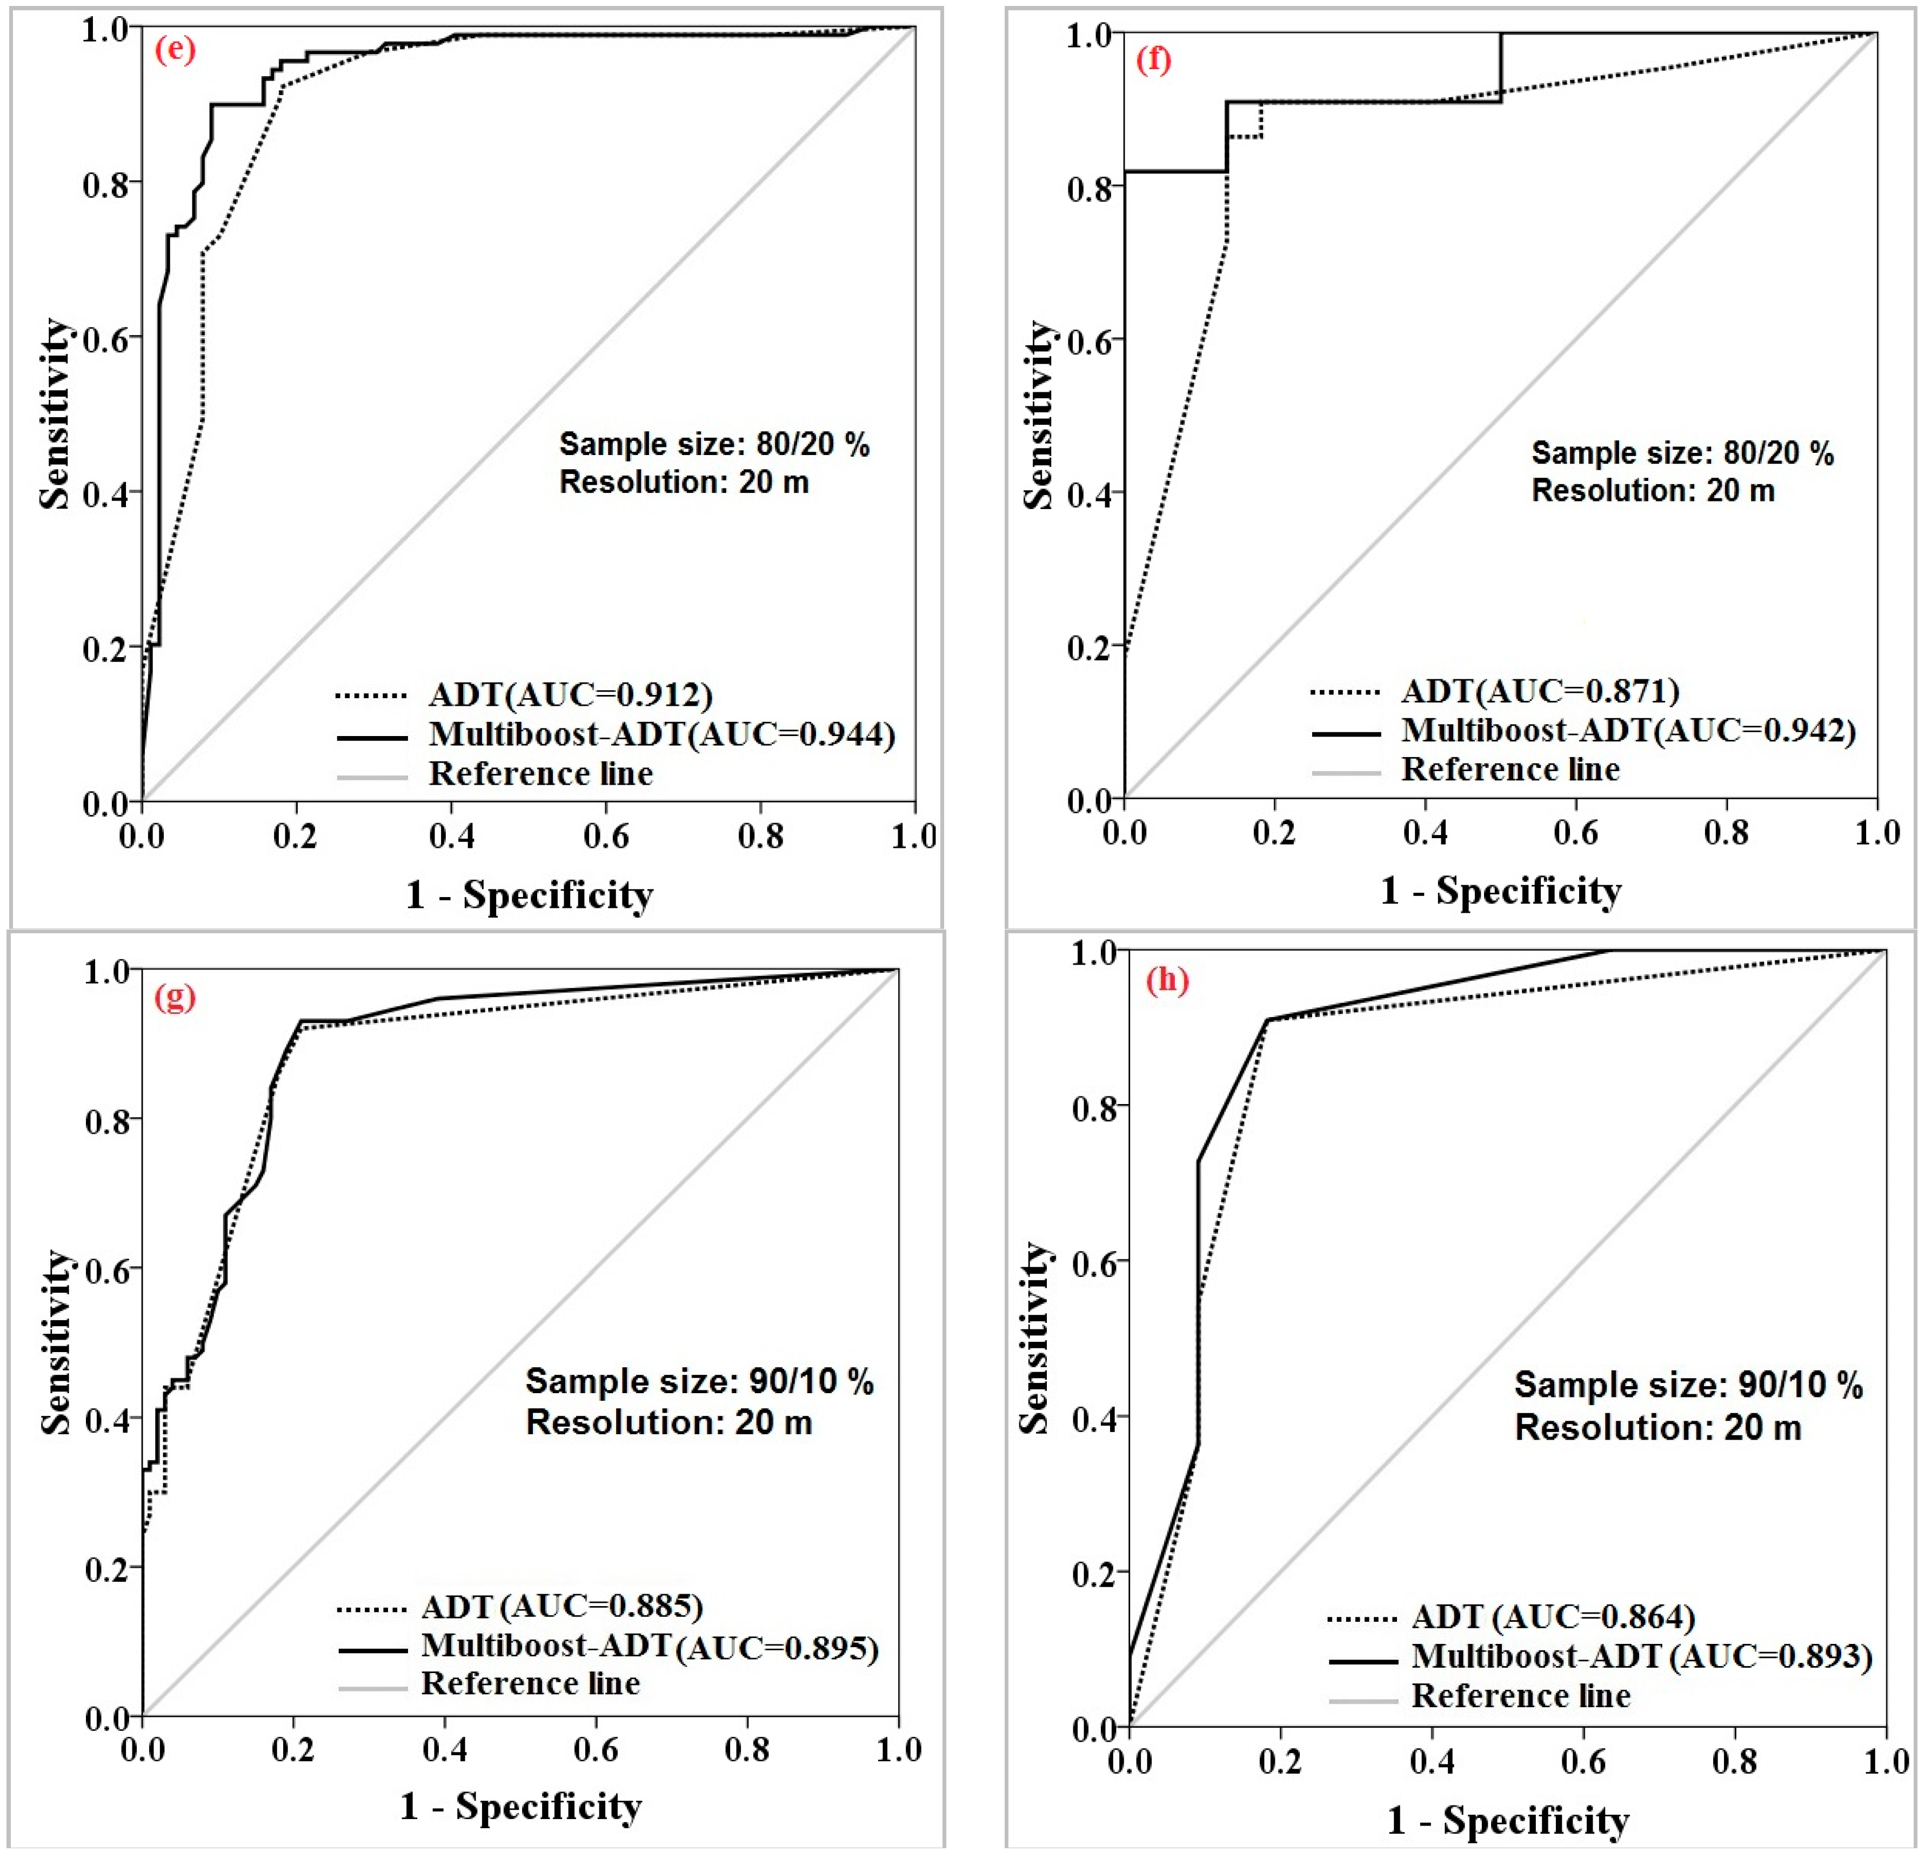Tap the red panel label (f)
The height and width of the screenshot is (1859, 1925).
point(1153,60)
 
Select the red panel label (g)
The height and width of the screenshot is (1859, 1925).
point(175,997)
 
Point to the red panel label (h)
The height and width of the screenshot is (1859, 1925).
point(1167,980)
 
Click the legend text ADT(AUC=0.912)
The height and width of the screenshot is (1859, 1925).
point(570,694)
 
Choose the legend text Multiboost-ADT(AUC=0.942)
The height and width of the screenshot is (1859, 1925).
point(1627,730)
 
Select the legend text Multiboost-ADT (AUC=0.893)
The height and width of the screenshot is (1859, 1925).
point(1641,1657)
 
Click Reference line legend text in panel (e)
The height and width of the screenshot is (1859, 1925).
point(540,774)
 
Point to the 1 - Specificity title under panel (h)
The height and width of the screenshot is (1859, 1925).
point(1508,1820)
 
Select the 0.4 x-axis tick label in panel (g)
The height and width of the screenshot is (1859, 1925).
point(445,1750)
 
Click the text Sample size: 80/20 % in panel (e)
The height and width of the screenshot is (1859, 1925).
point(714,445)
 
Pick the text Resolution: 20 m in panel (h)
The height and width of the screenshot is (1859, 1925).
point(1658,1427)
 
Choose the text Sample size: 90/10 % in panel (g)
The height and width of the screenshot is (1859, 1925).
point(699,1382)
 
